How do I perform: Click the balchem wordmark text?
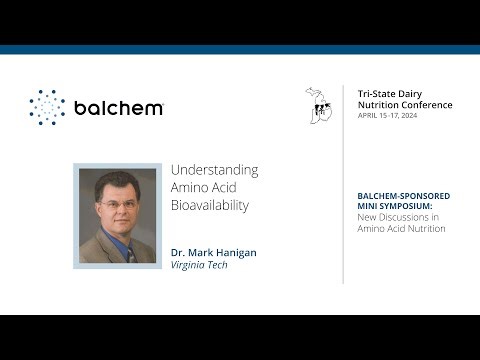coord(119,107)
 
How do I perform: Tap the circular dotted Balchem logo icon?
coord(46,107)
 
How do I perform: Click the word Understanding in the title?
coord(214,170)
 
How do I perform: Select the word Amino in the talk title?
coord(190,188)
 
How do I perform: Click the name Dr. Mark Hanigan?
coord(213,252)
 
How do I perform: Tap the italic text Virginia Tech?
coord(200,265)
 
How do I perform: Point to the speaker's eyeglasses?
coord(118,205)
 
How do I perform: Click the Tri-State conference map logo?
coord(318,104)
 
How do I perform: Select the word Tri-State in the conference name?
coord(376,93)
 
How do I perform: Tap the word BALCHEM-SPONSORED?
coord(403,195)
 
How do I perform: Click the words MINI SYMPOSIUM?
coord(393,206)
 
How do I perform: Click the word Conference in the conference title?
coord(423,105)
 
